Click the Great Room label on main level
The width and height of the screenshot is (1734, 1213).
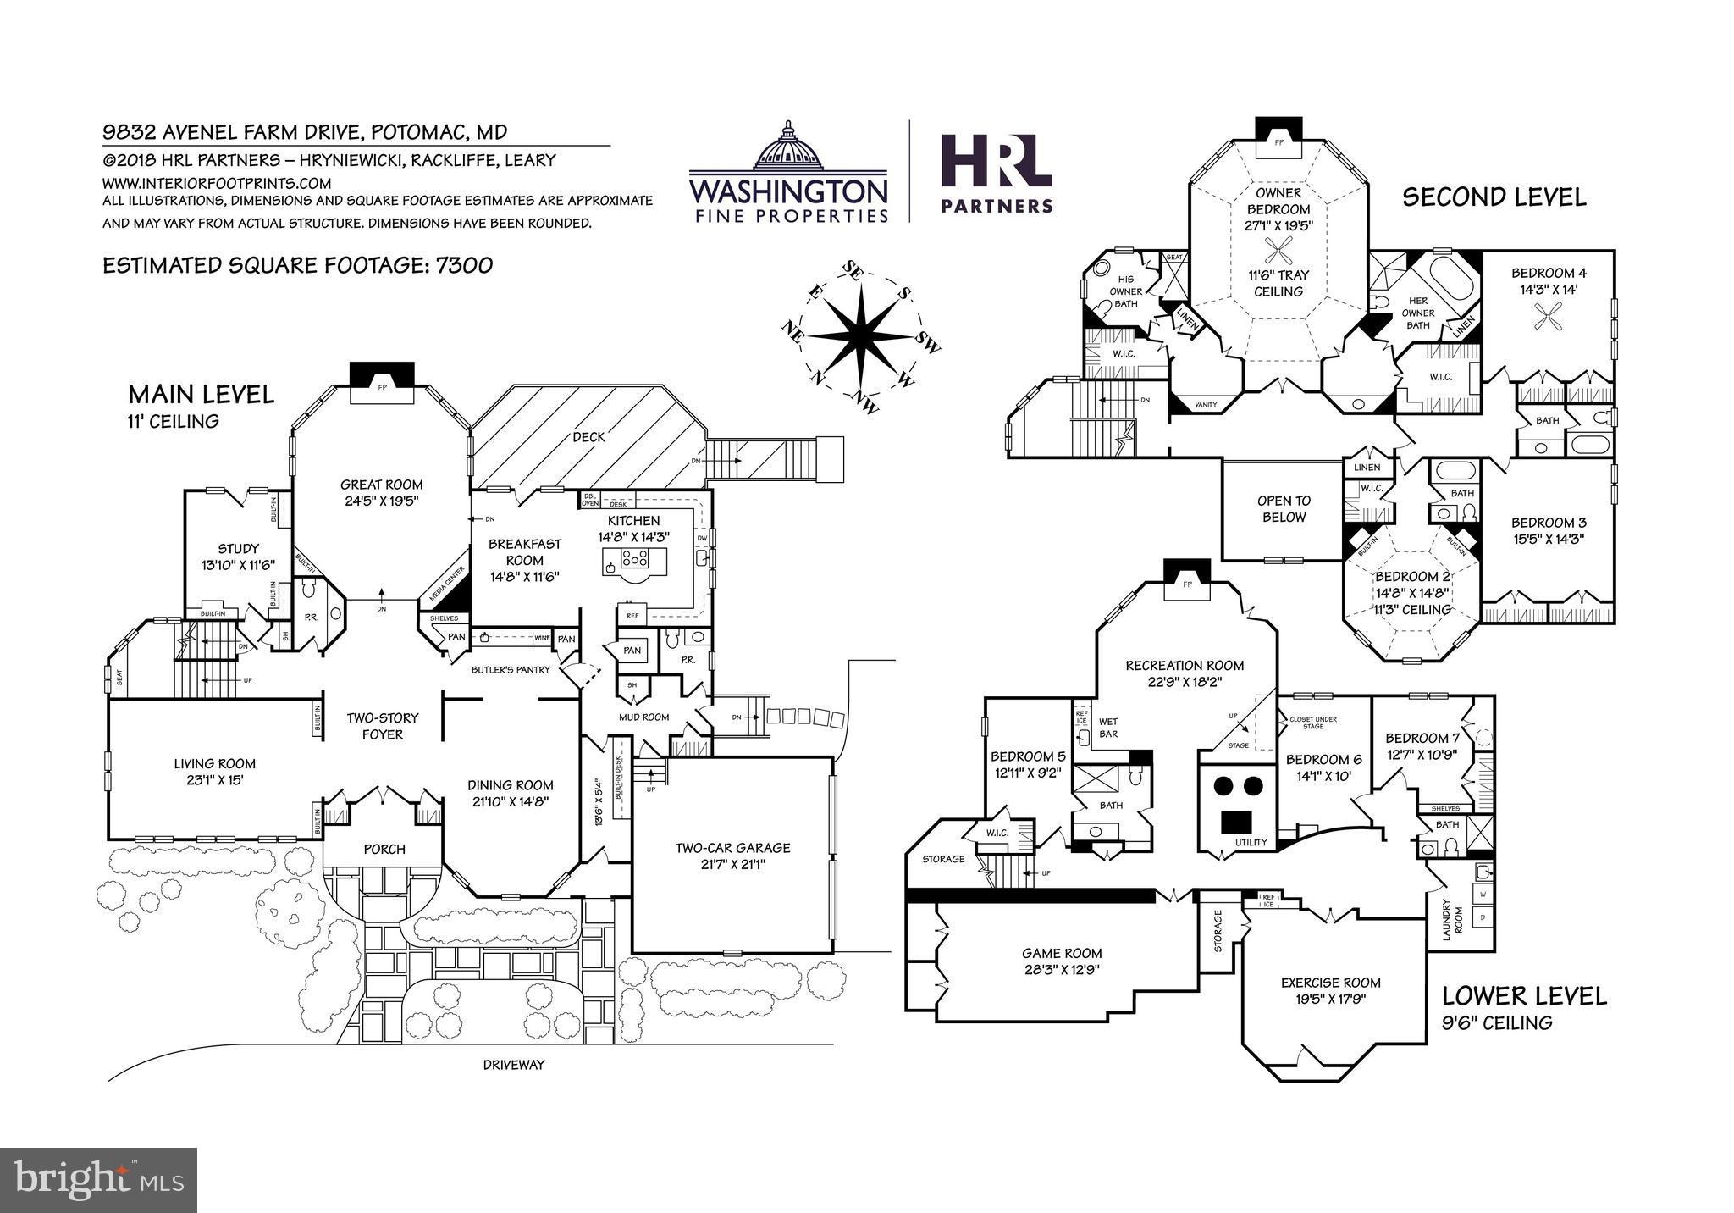click(381, 485)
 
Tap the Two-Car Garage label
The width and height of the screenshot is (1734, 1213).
click(732, 847)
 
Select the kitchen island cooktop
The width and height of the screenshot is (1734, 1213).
click(634, 558)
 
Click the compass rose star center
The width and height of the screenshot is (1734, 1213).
click(860, 335)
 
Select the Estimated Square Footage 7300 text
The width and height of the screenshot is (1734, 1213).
click(297, 265)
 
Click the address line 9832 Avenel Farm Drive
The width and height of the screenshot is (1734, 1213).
click(304, 132)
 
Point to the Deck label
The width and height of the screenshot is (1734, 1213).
click(588, 437)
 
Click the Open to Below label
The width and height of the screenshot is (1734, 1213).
click(1284, 509)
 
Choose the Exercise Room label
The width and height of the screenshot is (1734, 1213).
click(1330, 983)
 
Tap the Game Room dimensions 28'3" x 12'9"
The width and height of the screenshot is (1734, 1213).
click(1062, 970)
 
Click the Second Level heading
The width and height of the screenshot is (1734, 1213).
click(1494, 197)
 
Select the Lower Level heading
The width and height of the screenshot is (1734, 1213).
click(1524, 995)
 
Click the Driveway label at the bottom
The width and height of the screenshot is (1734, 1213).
click(514, 1064)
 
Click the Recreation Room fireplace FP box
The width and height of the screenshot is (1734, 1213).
click(1186, 583)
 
